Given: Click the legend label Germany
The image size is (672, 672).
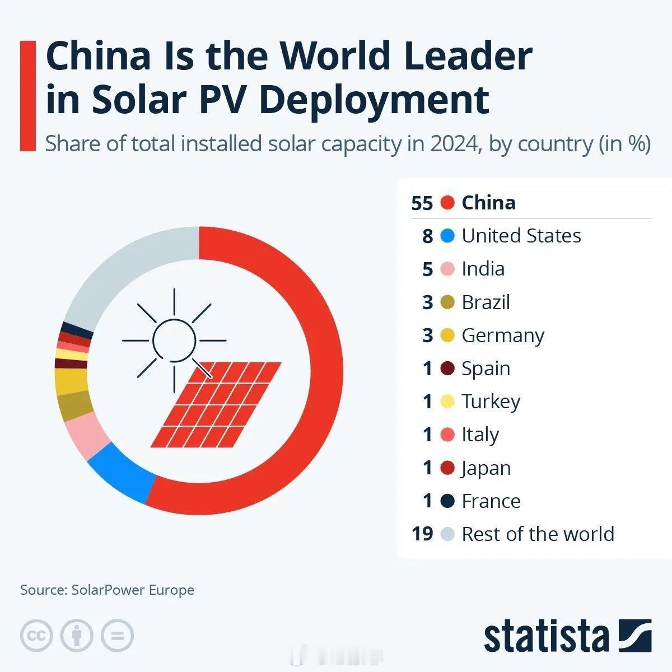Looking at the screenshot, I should coord(502,335).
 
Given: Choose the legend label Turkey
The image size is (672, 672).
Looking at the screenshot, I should coord(491,402).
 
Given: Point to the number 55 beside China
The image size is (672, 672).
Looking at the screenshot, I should coord(422,203).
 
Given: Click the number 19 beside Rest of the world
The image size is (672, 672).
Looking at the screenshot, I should coord(422,534).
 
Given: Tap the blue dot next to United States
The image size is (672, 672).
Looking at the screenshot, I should coord(447,236).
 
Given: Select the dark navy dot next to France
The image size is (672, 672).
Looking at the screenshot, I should coord(447,501).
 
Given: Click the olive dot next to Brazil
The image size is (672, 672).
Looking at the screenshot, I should coord(447,302).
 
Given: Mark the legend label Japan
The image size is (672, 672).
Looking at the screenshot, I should coord(486,468).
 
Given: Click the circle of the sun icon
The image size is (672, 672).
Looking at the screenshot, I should coord(174,340).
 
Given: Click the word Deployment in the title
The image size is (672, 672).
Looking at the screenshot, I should coord(374,99).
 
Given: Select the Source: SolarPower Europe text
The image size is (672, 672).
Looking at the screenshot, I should coord(107,590).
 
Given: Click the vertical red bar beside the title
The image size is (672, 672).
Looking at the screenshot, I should coord(27,95).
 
